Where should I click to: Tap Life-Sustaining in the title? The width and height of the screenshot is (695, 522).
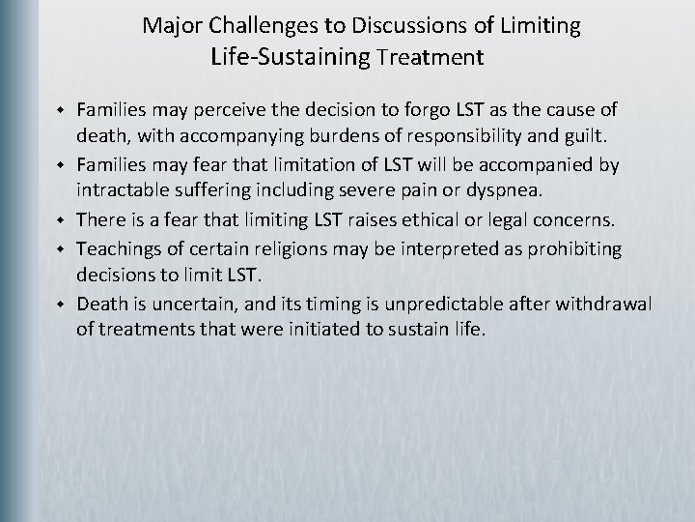point(291,57)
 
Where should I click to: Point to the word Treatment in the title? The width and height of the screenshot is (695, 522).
point(430,58)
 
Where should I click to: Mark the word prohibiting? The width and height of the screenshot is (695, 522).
point(575,249)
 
